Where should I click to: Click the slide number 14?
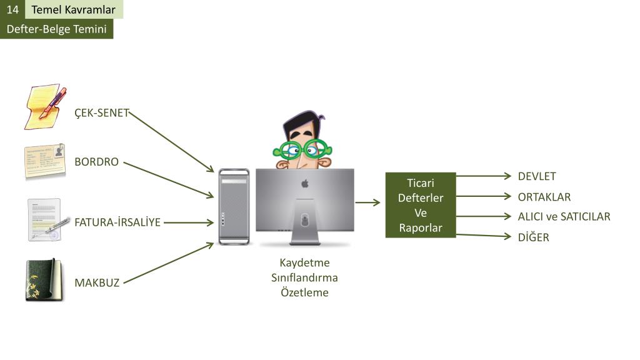tap(12, 9)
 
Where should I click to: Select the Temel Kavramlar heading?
tap(74, 9)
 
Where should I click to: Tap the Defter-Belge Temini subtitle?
tap(56, 29)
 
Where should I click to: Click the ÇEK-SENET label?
tap(101, 113)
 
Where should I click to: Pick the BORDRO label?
tap(96, 162)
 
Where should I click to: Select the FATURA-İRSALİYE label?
tap(117, 222)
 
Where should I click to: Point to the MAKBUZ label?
tap(97, 282)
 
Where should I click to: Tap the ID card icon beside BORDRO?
tap(45, 161)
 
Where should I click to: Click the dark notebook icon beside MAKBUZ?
tap(44, 280)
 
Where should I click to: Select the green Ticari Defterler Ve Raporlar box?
tap(421, 205)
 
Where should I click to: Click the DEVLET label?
tap(536, 176)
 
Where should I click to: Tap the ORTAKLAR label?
tap(544, 197)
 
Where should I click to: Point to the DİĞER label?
tap(533, 237)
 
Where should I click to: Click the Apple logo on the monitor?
tap(305, 184)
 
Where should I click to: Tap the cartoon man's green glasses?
tap(302, 149)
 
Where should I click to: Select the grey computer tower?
tap(234, 206)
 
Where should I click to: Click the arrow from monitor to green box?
tap(367, 202)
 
